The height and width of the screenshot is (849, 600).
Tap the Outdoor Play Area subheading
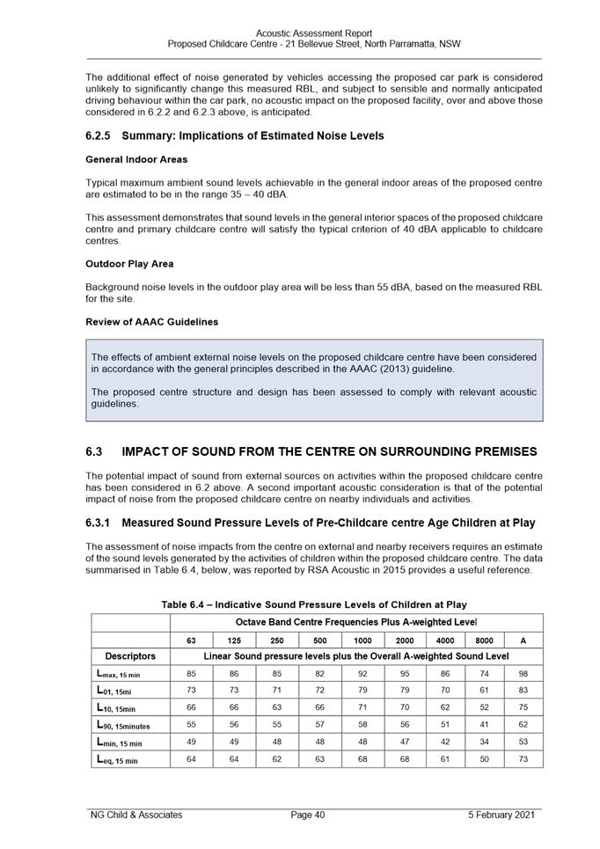tap(129, 263)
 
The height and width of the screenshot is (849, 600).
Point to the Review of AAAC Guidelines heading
tap(152, 321)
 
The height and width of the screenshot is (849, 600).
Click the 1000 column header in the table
tap(362, 640)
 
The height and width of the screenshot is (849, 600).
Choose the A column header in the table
tap(523, 640)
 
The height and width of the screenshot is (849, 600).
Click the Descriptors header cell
tap(130, 655)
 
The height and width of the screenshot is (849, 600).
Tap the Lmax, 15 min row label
tap(117, 674)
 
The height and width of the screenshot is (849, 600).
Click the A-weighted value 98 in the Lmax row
tap(523, 674)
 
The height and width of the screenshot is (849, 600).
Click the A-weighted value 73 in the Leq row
tap(523, 759)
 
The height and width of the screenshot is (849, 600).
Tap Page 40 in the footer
tap(308, 815)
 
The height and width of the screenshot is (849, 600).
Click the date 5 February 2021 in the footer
tap(501, 815)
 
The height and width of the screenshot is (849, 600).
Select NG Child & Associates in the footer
tap(136, 815)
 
